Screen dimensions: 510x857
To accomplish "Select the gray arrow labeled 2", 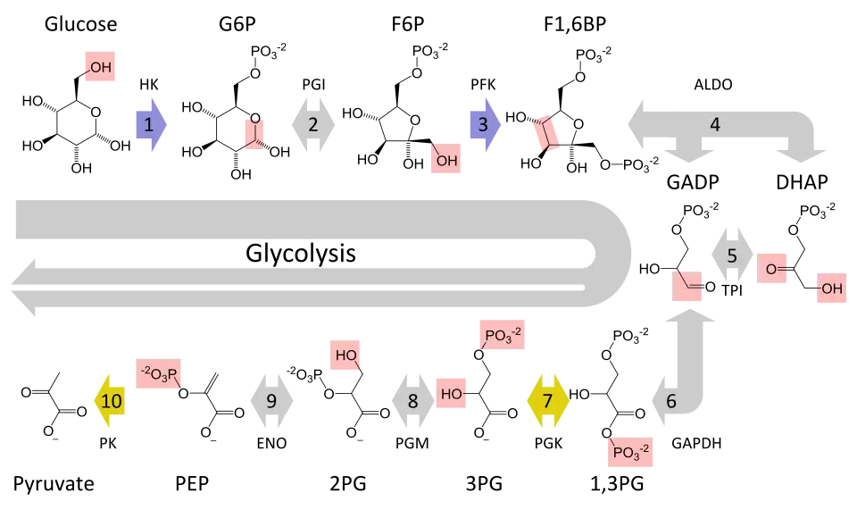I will (313, 125).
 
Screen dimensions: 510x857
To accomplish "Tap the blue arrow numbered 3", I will (484, 125).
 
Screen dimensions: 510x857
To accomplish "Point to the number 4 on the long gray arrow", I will (714, 125).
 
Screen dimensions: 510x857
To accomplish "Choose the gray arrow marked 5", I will (732, 256).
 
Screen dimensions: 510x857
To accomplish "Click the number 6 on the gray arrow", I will (671, 401).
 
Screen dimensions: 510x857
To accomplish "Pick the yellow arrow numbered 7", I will (548, 401).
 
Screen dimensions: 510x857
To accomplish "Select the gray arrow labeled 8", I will (412, 401).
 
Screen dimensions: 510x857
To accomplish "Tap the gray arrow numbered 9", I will (271, 401).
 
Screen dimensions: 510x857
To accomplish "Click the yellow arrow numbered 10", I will (111, 401).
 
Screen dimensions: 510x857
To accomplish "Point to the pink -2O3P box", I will (161, 375).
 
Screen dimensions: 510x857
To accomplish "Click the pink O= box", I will (774, 268).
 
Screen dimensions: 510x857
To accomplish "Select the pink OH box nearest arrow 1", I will (99, 68).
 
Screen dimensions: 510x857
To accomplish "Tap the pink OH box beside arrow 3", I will (445, 161).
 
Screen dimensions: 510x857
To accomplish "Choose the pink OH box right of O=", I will (831, 288).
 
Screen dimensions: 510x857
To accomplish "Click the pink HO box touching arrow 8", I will (452, 393).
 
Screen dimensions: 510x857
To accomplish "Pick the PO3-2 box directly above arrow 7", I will (503, 334).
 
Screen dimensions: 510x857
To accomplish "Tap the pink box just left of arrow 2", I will (254, 132).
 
